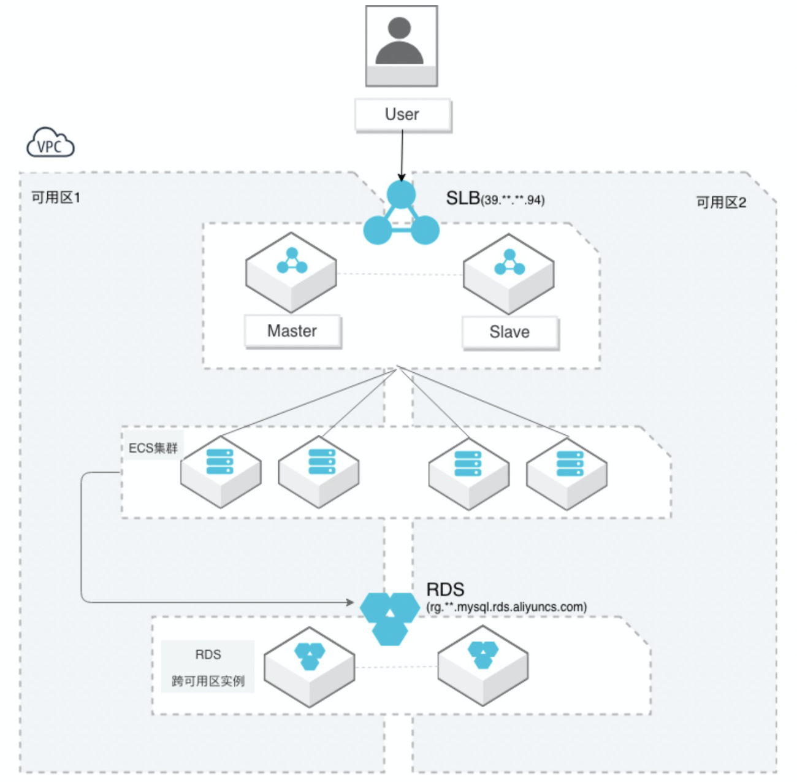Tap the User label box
pyautogui.click(x=403, y=115)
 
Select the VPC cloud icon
pyautogui.click(x=50, y=144)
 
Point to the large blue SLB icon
pyautogui.click(x=402, y=215)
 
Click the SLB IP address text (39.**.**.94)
pyautogui.click(x=513, y=200)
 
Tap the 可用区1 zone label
pyautogui.click(x=56, y=197)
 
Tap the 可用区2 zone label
pyautogui.click(x=721, y=203)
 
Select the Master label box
pyautogui.click(x=292, y=331)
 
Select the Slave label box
pyautogui.click(x=509, y=332)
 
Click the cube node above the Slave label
pyautogui.click(x=509, y=273)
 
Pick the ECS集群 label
pyautogui.click(x=153, y=448)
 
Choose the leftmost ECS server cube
pyautogui.click(x=221, y=472)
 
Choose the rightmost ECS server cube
pyautogui.click(x=567, y=473)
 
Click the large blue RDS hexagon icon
pyautogui.click(x=389, y=617)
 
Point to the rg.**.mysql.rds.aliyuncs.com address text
pyautogui.click(x=506, y=607)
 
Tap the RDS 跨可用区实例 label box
pyautogui.click(x=208, y=667)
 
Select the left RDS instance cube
pyautogui.click(x=310, y=666)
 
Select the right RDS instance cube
pyautogui.click(x=483, y=664)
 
